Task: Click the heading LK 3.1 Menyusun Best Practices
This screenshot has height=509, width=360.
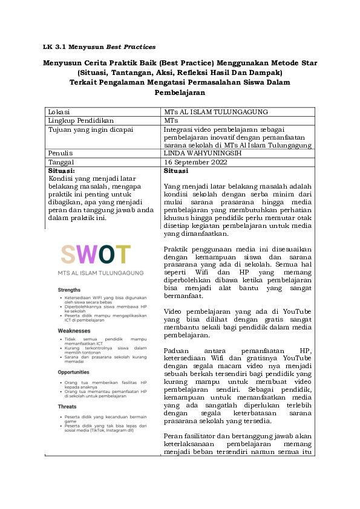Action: point(100,46)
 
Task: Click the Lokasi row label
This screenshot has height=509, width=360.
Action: point(59,112)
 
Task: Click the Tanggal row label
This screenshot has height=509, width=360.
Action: point(61,162)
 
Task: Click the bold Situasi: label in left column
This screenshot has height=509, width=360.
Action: point(64,171)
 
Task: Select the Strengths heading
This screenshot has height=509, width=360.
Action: point(70,290)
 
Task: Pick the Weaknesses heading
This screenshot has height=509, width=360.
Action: point(74,331)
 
